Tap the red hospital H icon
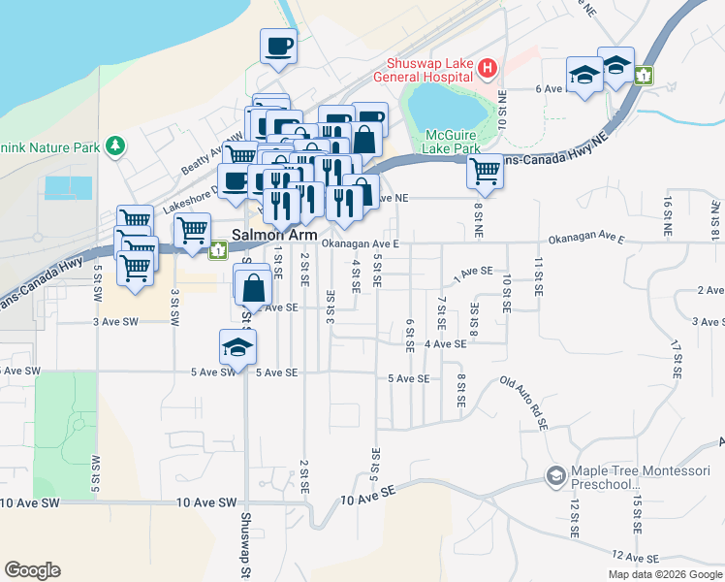[488, 68]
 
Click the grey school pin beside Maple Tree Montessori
[555, 475]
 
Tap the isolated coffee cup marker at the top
[278, 46]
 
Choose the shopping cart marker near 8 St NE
[485, 172]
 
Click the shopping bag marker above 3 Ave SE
[252, 286]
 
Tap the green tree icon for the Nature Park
[116, 146]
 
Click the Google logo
[32, 570]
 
